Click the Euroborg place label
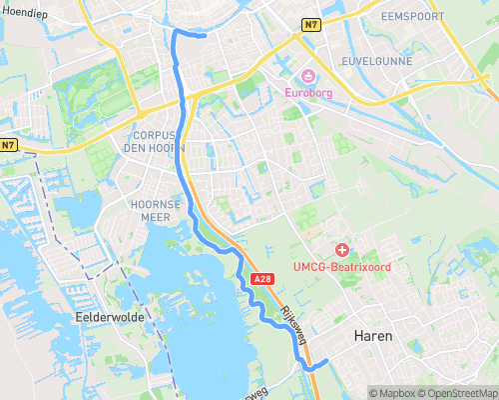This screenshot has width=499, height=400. click(x=308, y=94)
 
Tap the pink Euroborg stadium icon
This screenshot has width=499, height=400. click(x=308, y=77)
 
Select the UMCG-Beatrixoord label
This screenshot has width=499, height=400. click(x=341, y=267)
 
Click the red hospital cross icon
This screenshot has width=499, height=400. click(x=342, y=249)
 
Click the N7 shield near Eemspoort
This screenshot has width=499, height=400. click(x=311, y=24)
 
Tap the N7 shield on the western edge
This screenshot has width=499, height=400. click(x=8, y=145)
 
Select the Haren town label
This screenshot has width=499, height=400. click(x=372, y=336)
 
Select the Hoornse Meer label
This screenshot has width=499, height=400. click(x=154, y=208)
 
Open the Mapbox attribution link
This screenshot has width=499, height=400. click(x=393, y=393)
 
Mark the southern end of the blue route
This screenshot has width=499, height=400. click(x=326, y=359)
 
